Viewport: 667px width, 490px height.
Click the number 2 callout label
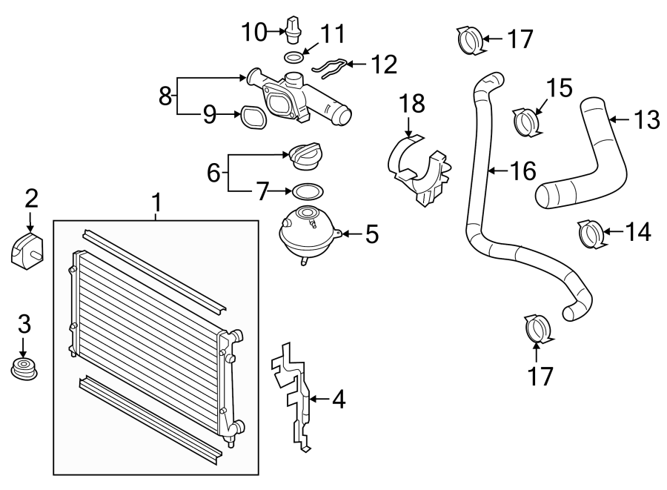(x=30, y=197)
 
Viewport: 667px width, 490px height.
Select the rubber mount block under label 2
(x=27, y=249)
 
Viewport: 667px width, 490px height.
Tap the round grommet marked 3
(x=24, y=367)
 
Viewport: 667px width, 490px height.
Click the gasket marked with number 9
(x=250, y=116)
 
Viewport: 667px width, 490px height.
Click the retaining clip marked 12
(x=330, y=67)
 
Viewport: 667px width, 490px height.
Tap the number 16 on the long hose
(x=523, y=171)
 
